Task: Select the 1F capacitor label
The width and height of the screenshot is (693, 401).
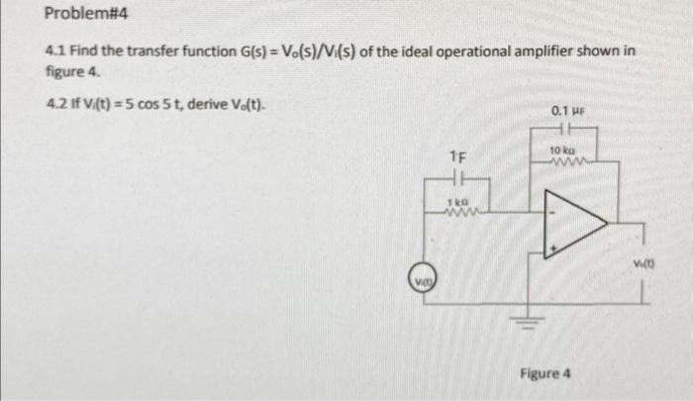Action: pyautogui.click(x=456, y=157)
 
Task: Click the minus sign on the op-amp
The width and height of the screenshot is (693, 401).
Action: pyautogui.click(x=556, y=211)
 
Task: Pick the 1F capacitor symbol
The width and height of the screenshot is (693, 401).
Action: pyautogui.click(x=457, y=178)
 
